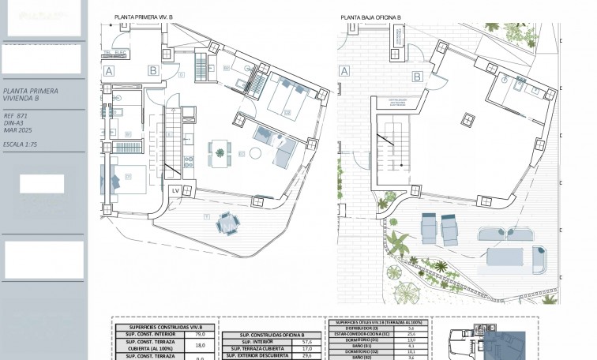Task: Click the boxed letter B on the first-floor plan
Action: click(x=152, y=70)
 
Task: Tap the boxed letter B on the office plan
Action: click(x=415, y=77)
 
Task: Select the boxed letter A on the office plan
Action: click(x=344, y=70)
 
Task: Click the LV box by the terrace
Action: click(x=175, y=191)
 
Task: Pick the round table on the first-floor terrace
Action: click(x=227, y=224)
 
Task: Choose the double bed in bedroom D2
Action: click(x=285, y=98)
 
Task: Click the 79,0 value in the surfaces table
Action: click(x=200, y=334)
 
